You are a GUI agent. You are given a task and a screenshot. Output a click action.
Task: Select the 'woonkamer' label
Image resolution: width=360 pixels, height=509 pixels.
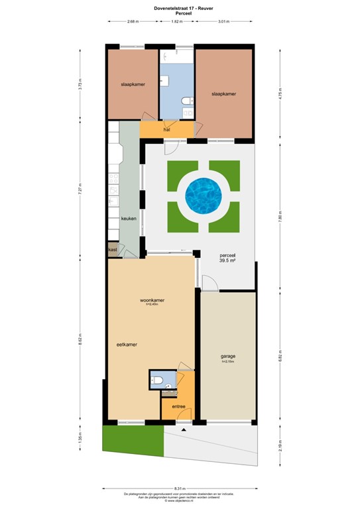coord(152,300)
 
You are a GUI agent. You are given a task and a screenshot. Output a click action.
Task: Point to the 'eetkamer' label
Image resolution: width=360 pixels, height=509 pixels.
coord(127,345)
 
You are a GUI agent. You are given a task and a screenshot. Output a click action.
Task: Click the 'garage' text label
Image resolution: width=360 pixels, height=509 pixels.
coord(227,356)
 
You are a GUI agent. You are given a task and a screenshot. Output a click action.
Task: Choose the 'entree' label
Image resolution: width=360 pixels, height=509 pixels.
coord(178,406)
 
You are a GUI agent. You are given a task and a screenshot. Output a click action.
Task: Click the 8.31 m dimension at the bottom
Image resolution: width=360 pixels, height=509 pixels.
coord(179,489)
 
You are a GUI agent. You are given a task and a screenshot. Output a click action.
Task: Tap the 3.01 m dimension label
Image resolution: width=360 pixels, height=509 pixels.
coord(223,21)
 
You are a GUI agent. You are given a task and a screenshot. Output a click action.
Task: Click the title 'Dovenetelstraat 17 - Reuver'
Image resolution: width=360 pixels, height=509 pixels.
coord(179,8)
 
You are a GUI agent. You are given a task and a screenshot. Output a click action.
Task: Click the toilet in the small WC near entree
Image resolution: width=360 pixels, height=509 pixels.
coord(156,379)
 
